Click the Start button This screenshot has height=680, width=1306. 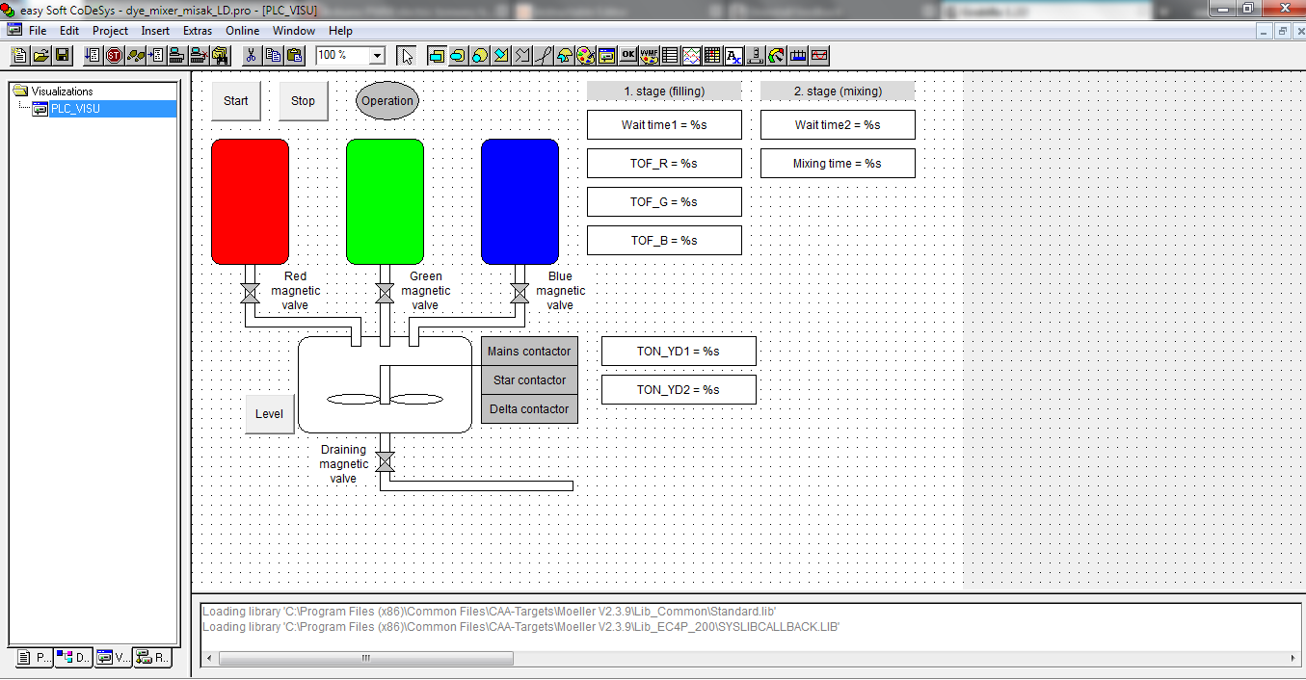236,101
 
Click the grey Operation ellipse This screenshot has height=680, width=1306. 387,101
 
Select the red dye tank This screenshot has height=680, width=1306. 250,201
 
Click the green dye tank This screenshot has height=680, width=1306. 385,201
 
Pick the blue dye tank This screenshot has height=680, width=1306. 520,201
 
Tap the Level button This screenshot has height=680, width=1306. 270,414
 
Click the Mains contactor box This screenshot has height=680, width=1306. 529,352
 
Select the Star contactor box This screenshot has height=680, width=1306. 529,380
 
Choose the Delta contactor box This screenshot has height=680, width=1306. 529,409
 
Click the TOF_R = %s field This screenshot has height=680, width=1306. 664,164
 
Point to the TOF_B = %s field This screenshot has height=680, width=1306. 664,241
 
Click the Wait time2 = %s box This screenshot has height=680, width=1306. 838,125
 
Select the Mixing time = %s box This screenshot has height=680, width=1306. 838,164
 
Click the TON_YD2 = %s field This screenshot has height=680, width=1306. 679,390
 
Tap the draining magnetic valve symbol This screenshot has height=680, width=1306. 385,462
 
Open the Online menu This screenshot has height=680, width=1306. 243,31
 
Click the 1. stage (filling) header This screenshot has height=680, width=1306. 664,92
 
